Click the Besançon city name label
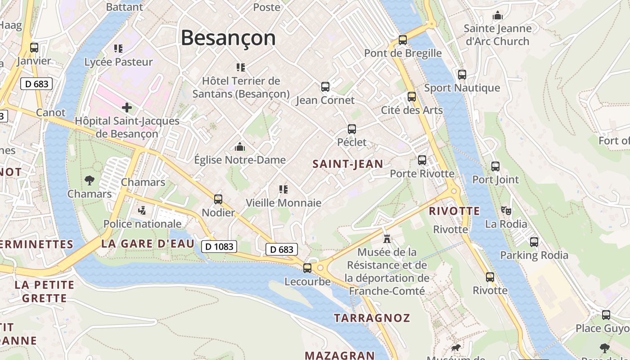(x=228, y=38)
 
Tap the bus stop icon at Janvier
(x=34, y=47)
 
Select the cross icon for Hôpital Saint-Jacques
(x=127, y=108)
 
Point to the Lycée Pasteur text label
(x=119, y=62)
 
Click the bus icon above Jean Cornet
(x=325, y=87)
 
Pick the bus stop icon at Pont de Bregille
(x=403, y=40)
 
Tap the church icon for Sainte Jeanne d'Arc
(x=497, y=16)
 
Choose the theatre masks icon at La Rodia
(x=506, y=210)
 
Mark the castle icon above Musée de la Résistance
(x=387, y=238)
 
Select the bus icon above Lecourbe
(x=307, y=268)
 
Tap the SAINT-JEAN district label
(x=348, y=164)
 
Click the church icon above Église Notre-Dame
(x=240, y=147)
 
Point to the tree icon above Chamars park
(x=90, y=180)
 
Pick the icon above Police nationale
(x=142, y=210)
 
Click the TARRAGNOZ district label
(x=372, y=318)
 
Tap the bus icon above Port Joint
(x=495, y=166)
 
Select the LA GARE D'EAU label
(x=148, y=244)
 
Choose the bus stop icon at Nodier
(x=218, y=199)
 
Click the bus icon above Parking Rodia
(x=534, y=242)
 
